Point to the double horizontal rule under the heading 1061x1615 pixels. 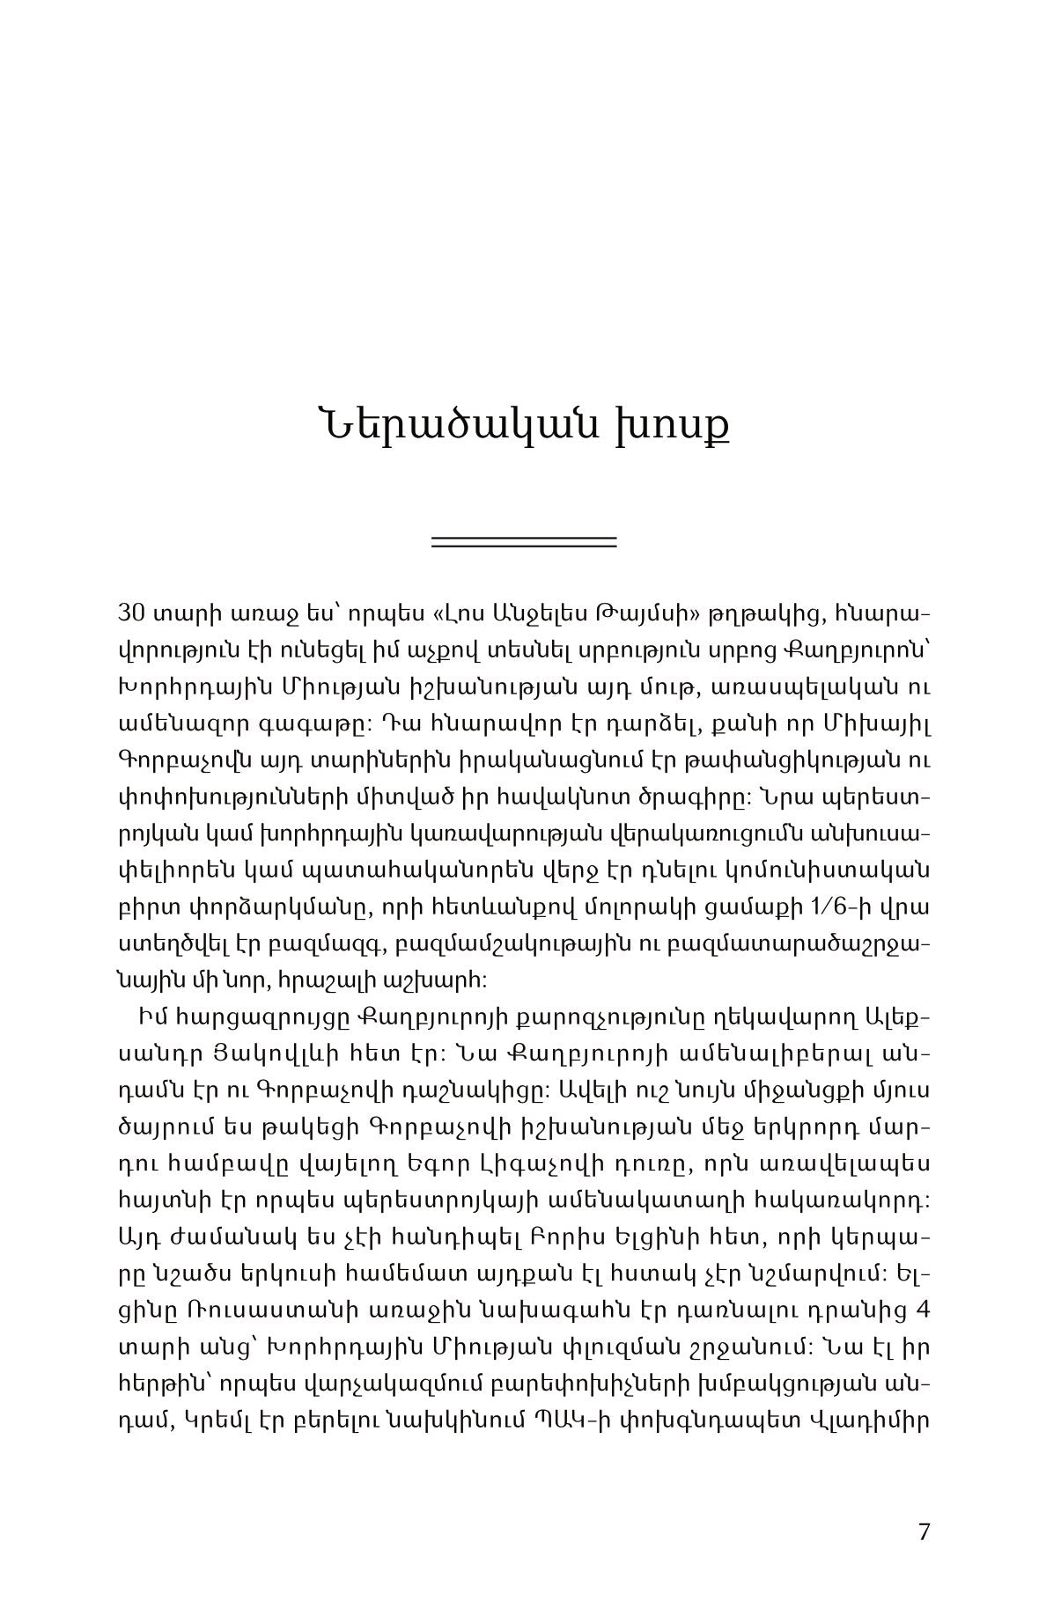[x=524, y=542]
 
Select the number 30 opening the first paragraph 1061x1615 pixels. [x=130, y=613]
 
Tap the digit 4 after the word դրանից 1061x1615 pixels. [x=923, y=1308]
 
